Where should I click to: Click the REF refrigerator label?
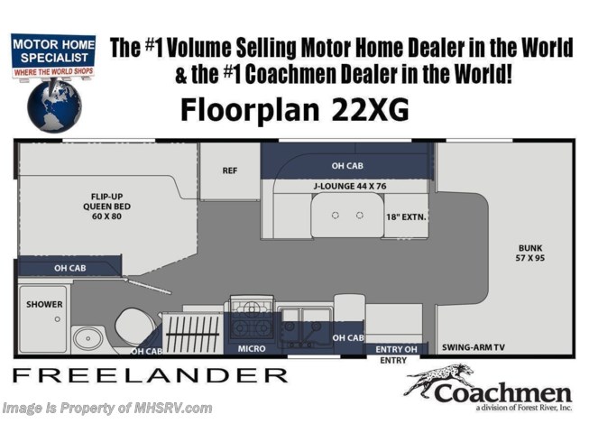229,170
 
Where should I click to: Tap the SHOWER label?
44,304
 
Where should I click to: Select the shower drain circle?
58,319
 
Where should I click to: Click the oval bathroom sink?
87,338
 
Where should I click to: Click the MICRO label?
252,349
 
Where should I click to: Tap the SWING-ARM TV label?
474,347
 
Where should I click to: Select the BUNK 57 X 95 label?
530,253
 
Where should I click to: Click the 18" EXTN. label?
406,217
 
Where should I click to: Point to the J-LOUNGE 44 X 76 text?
350,186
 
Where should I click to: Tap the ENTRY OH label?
396,349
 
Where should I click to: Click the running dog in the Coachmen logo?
438,379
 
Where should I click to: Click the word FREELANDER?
151,375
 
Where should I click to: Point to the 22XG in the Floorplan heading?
370,110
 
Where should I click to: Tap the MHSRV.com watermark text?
171,409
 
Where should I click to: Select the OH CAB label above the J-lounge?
347,166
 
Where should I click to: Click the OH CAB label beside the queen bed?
70,268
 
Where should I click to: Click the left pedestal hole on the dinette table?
336,216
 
